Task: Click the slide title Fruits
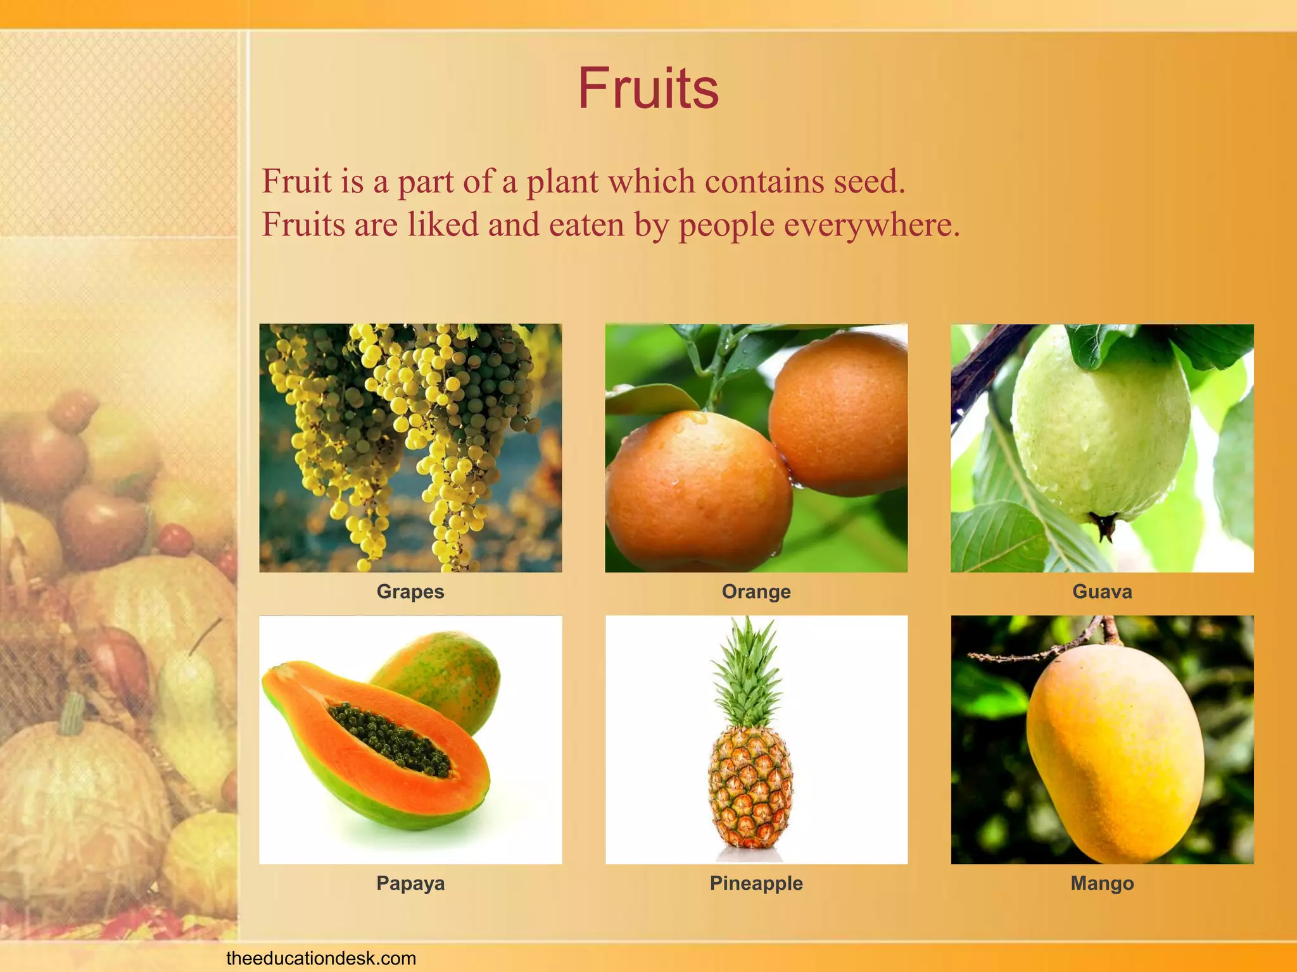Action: click(648, 89)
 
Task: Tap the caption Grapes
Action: click(410, 592)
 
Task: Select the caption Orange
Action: click(756, 592)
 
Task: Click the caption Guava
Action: click(1102, 592)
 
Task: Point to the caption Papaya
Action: click(410, 883)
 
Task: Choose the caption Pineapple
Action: click(756, 883)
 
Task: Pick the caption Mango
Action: click(1102, 883)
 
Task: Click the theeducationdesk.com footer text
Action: click(321, 958)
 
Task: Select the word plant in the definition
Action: click(562, 182)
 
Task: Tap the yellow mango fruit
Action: click(1115, 753)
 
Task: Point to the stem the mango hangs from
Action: click(1110, 630)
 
